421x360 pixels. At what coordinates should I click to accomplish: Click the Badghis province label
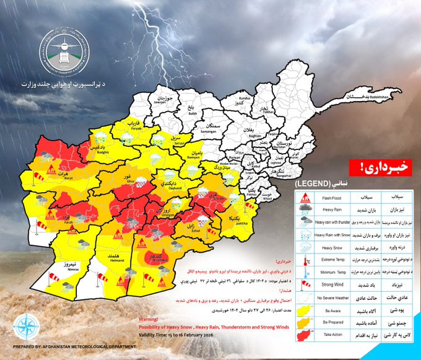pos(103,149)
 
